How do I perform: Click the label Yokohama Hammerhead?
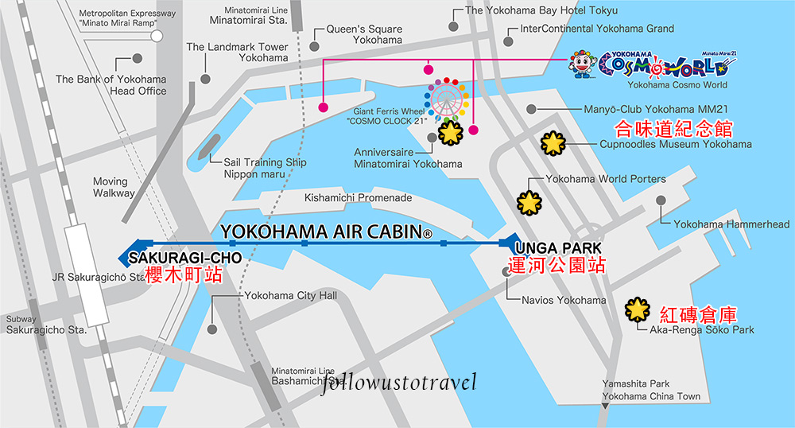tap(731, 224)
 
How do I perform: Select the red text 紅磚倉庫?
tap(692, 313)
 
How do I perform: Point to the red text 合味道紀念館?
tap(674, 129)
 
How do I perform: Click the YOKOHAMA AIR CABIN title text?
tap(326, 232)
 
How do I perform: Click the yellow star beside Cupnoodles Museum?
tap(553, 144)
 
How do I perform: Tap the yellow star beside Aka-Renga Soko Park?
tap(637, 309)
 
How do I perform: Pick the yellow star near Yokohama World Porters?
tap(529, 203)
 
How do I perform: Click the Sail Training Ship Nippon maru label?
tap(254, 168)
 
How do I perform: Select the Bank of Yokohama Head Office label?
tap(111, 85)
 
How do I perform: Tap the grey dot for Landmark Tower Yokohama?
tap(206, 79)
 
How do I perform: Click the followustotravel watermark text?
tap(399, 383)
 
